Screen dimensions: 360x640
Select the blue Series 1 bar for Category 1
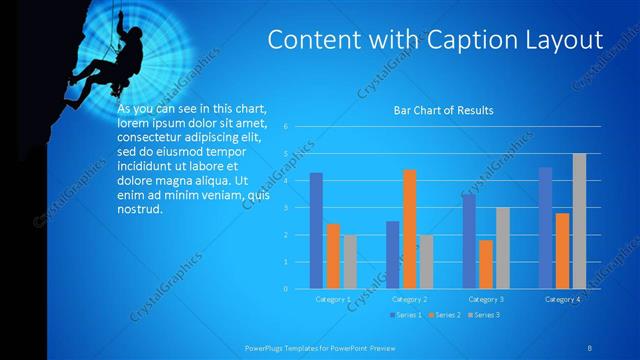pos(316,231)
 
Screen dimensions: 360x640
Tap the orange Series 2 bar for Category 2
pos(409,229)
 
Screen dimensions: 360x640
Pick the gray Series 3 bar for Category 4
pos(579,221)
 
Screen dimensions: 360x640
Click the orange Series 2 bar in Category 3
pos(486,264)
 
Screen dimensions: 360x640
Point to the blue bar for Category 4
pos(545,228)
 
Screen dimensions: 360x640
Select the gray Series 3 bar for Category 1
pos(349,262)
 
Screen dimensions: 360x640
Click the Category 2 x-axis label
pos(409,299)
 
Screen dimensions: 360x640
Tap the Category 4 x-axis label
pos(562,299)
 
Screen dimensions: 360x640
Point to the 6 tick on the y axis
pos(286,127)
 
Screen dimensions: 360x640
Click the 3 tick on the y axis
pos(286,208)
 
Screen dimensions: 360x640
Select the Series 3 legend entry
pos(484,315)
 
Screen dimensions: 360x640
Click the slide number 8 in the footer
pos(589,347)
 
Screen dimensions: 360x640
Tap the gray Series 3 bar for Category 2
pos(425,262)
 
